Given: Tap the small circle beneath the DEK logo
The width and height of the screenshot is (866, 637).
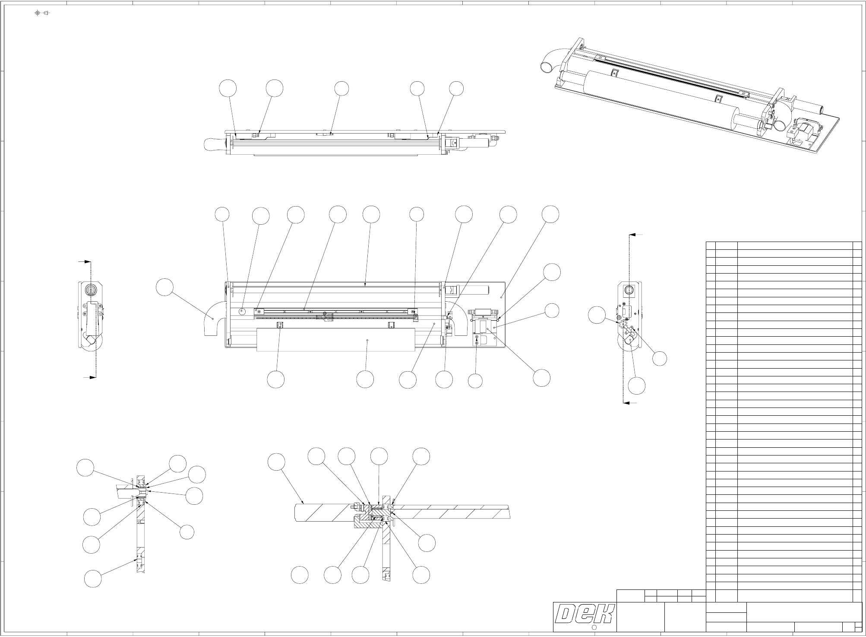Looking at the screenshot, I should point(594,627).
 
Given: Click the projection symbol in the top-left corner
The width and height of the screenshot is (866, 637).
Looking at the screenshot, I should point(42,13).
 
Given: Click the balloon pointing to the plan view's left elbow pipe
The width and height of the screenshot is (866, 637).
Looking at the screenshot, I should point(165,288).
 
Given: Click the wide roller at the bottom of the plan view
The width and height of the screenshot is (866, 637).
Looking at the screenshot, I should point(335,340).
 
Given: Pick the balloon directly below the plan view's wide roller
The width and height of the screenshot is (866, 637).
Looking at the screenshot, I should point(365,380).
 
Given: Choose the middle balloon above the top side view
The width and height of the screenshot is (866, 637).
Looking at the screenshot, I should point(341,89).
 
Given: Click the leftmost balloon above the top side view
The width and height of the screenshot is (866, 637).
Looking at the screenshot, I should point(228,88).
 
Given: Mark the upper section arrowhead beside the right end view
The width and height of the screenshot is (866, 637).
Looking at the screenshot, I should point(632,235).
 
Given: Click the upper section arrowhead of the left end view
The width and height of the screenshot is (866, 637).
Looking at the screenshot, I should point(88,261).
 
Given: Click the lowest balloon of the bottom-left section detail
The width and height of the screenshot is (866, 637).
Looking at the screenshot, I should point(92,579).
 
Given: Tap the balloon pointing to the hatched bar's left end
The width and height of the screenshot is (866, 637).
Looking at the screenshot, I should point(276,462).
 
